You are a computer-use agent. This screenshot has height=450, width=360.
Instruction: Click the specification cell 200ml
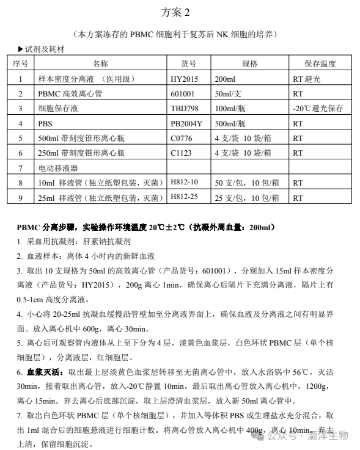point(225,79)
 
